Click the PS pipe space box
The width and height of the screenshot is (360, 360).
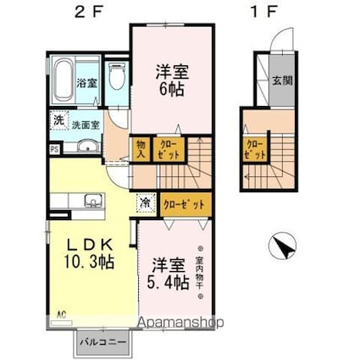pos(55,151)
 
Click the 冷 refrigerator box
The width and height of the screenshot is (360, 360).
pos(146,203)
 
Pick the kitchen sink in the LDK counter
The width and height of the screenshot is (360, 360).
pos(92,202)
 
